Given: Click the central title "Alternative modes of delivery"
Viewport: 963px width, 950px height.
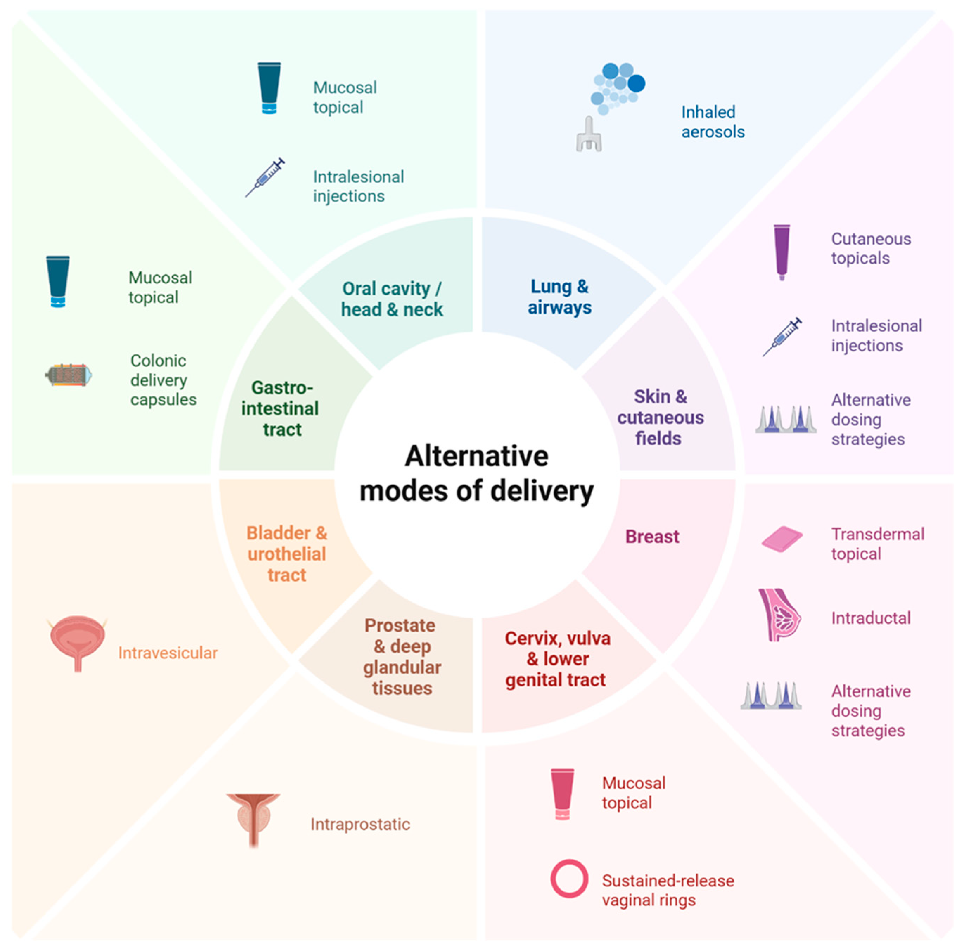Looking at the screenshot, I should pyautogui.click(x=477, y=473).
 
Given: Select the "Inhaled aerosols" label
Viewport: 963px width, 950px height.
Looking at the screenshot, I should pyautogui.click(x=713, y=122).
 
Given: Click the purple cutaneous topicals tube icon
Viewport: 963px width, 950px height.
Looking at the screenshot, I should pyautogui.click(x=781, y=252).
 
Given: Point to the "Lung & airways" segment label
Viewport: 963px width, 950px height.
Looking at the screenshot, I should pyautogui.click(x=559, y=297).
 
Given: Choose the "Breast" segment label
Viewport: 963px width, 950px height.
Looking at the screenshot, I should pyautogui.click(x=652, y=537).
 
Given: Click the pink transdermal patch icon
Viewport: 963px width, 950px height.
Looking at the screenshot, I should pyautogui.click(x=782, y=539).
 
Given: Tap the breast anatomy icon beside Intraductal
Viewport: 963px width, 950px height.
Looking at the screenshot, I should pyautogui.click(x=779, y=615).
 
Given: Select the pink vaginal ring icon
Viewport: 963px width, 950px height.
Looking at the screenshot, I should pyautogui.click(x=569, y=878).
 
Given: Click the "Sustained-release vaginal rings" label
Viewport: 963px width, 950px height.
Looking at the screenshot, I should pyautogui.click(x=668, y=890).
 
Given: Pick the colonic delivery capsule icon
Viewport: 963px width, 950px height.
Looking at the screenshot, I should pyautogui.click(x=68, y=375).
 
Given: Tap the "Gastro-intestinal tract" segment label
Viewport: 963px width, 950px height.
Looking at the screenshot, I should pyautogui.click(x=281, y=408).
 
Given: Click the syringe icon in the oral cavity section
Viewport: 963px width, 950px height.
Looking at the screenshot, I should pyautogui.click(x=265, y=177).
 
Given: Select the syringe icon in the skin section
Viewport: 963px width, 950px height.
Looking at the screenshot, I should pyautogui.click(x=782, y=336).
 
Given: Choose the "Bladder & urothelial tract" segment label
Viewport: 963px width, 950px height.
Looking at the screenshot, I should pyautogui.click(x=287, y=554).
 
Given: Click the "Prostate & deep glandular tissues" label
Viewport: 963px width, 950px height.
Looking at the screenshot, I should pyautogui.click(x=401, y=657).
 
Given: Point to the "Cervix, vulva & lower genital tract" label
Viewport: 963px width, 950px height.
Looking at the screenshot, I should pyautogui.click(x=557, y=659).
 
